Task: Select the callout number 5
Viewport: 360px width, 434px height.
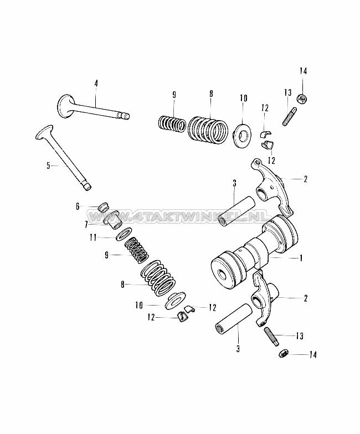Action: point(48,164)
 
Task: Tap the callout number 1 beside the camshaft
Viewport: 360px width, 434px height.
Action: point(301,257)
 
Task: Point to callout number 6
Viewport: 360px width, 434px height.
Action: point(78,206)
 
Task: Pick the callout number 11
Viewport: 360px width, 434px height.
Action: point(94,237)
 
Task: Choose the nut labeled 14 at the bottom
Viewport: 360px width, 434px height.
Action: point(282,353)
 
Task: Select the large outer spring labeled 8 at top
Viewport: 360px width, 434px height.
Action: point(209,129)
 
